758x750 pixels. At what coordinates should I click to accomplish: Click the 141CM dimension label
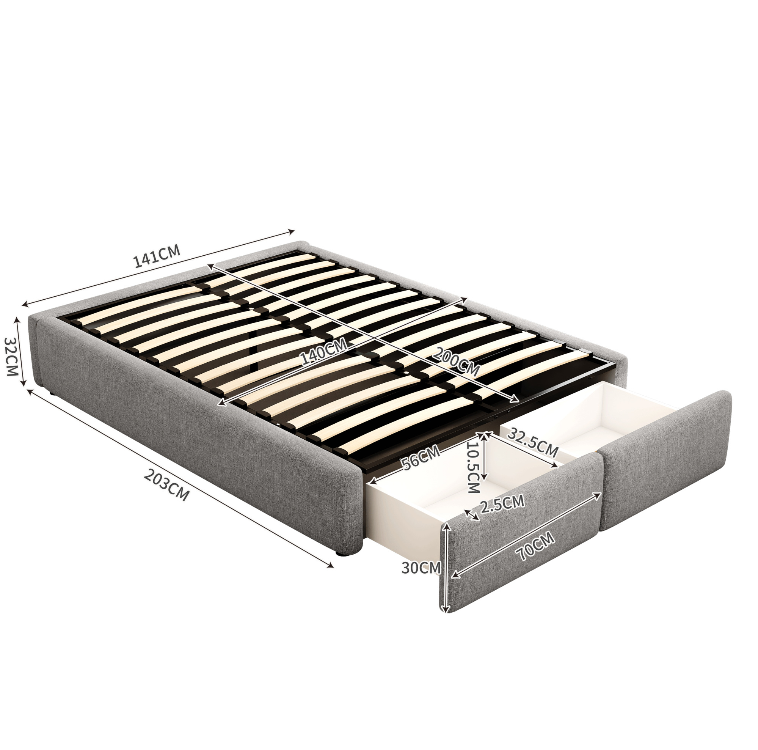[157, 256]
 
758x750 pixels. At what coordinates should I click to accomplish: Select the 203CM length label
[167, 485]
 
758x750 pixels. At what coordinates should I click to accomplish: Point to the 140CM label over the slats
[324, 352]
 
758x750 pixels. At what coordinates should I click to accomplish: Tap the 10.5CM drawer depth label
[474, 467]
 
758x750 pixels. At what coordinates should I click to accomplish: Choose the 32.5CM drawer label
[533, 442]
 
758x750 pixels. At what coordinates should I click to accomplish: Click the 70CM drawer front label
[535, 546]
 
